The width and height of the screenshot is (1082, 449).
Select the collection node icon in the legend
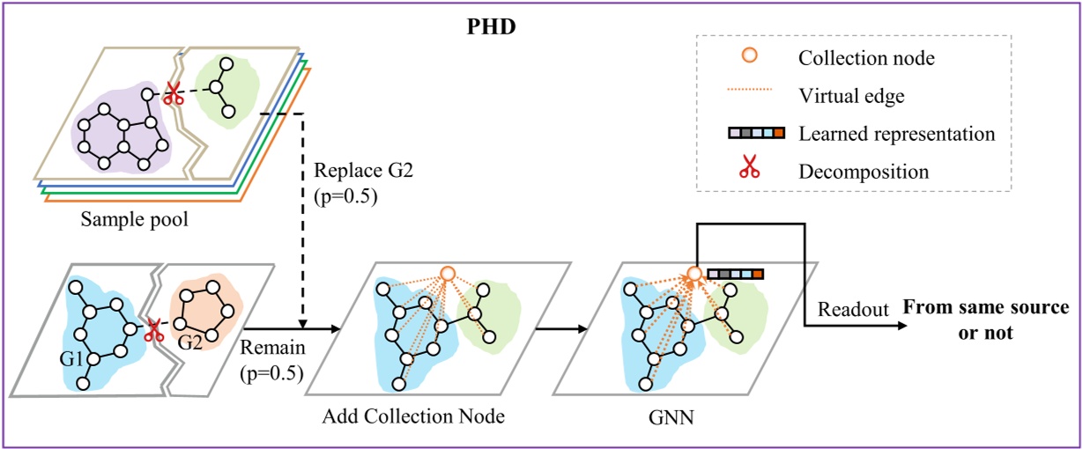click(749, 57)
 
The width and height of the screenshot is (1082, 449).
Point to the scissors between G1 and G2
click(152, 330)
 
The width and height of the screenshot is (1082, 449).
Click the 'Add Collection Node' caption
click(413, 416)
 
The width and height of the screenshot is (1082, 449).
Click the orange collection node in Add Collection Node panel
click(447, 274)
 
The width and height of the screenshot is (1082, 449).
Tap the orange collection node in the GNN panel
click(693, 275)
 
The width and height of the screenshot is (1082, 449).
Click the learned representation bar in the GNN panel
click(735, 275)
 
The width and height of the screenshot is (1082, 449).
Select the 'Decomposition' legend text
click(863, 171)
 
